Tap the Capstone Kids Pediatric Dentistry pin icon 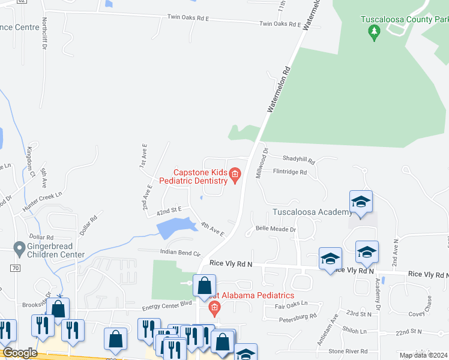point(235,176)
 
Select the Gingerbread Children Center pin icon point(19,247)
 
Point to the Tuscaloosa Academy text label point(312,212)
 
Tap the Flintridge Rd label point(290,172)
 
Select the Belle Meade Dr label point(276,229)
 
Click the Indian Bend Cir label point(179,252)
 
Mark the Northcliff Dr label point(45,33)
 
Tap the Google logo point(20,353)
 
